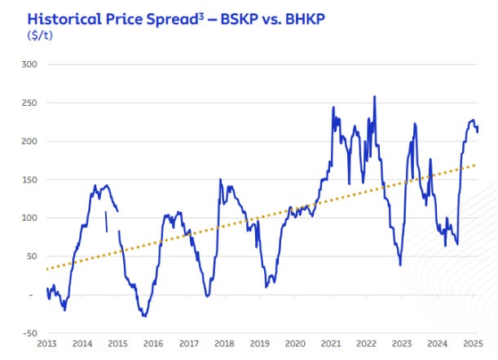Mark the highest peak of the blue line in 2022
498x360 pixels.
click(x=374, y=97)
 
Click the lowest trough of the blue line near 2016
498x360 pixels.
click(x=143, y=316)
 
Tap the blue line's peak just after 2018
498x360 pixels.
click(x=220, y=179)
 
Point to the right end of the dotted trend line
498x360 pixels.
click(x=476, y=165)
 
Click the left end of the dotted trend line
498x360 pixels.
click(x=46, y=268)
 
